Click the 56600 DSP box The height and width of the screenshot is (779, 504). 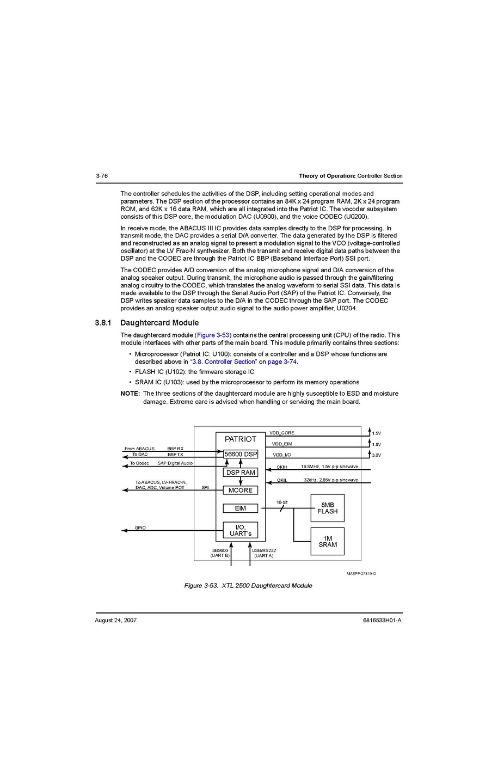241,454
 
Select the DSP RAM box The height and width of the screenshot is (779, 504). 241,473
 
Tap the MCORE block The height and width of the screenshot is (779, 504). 241,490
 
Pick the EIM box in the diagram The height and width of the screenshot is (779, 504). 241,508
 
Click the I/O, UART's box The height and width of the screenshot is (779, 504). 241,530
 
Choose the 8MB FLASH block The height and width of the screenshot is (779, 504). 328,508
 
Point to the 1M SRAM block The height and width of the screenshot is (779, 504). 328,542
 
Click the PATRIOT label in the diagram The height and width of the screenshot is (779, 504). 241,439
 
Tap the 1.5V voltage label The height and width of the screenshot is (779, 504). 377,433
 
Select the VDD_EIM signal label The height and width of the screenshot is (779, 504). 282,444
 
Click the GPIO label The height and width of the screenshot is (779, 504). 140,528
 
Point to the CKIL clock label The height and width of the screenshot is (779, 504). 282,480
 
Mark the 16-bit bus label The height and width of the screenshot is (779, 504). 282,502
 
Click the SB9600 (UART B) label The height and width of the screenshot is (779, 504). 220,553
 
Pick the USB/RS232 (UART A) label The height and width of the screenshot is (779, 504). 264,553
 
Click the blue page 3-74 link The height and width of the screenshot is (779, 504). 282,361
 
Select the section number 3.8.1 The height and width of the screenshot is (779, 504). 103,323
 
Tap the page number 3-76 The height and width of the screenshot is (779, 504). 102,176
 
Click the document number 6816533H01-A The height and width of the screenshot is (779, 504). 382,621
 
